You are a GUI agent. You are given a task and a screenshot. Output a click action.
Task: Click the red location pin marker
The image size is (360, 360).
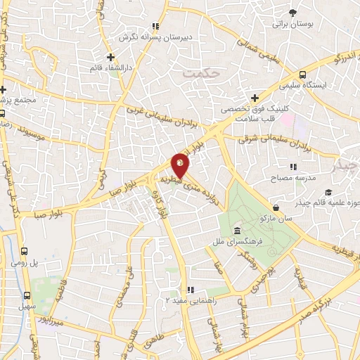pos(181,166)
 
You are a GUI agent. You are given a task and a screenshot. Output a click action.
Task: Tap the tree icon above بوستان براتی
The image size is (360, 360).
pos(292,12)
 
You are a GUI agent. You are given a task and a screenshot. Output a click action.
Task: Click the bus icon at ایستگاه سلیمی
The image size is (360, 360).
pos(302,75)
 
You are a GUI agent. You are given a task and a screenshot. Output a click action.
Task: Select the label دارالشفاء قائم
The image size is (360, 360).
pos(110,67)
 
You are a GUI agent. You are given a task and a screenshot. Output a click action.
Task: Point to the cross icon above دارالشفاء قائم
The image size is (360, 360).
pos(110,56)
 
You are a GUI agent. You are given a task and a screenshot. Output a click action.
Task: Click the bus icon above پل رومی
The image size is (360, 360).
pos(25,251)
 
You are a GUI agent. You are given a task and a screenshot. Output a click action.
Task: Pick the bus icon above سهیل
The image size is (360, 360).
pos(28,296)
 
